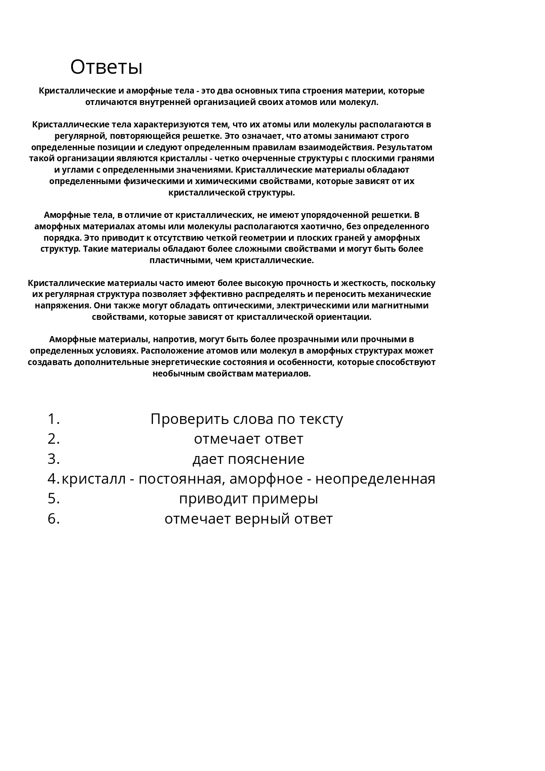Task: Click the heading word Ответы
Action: [x=106, y=67]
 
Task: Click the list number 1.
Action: [x=53, y=419]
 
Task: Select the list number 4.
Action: [x=53, y=479]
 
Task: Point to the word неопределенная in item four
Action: [x=375, y=479]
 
